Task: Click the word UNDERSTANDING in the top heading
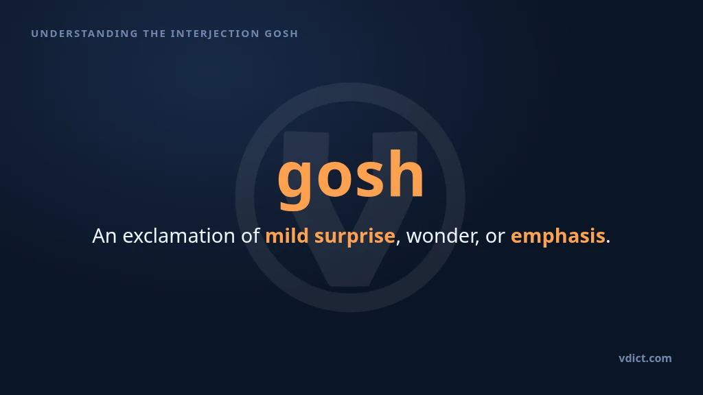84,34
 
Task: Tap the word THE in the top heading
154,34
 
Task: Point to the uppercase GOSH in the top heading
281,34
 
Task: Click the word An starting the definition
105,236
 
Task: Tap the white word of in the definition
251,236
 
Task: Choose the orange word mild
287,236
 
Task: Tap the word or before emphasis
496,238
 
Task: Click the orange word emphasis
558,237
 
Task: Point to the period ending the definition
608,242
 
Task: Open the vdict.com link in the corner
645,358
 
